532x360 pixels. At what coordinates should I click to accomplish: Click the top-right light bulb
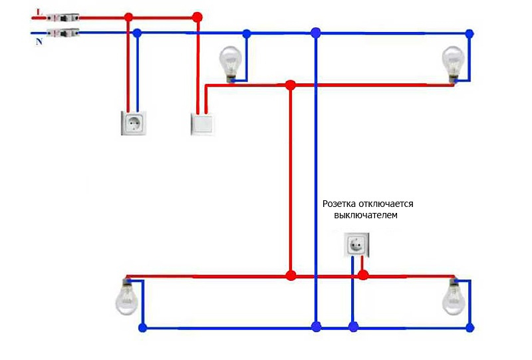pos(454,62)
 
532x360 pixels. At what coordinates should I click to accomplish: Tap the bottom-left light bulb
pos(126,297)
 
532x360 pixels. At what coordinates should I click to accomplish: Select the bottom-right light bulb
pos(454,297)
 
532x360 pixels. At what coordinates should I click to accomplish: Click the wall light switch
pos(203,124)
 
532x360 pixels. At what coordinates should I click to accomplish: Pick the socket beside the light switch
pos(134,122)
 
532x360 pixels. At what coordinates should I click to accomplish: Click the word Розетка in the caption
pos(341,204)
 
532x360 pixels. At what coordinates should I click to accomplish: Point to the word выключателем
pos(368,216)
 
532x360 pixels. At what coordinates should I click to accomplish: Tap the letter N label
pos(39,42)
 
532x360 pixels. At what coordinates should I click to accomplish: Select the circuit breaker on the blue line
pos(63,32)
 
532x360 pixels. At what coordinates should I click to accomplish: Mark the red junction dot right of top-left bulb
pos(290,85)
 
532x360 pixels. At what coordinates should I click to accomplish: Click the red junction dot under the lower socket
pos(363,275)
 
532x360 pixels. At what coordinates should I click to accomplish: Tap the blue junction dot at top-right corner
pos(469,33)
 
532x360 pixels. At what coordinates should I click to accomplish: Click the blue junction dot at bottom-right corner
pos(470,327)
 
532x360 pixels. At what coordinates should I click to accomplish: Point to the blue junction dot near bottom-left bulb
pos(142,327)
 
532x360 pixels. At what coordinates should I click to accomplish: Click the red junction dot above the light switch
pos(196,17)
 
